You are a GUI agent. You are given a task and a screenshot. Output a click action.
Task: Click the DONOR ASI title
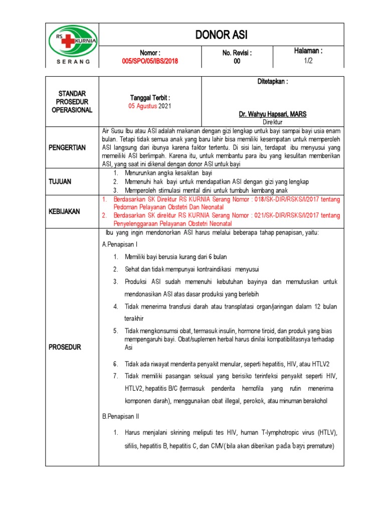[222, 35]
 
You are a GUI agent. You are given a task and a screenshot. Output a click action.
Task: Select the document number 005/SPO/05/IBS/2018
[150, 61]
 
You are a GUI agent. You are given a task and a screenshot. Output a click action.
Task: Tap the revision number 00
[237, 61]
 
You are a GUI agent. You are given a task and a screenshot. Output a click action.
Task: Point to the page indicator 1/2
[308, 60]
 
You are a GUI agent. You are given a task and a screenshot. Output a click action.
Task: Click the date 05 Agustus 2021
[150, 106]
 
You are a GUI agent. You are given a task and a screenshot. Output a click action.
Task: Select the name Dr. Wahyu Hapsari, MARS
[273, 115]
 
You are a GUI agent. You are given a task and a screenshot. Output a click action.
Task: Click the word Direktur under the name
[273, 122]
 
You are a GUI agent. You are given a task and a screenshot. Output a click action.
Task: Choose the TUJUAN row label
[72, 181]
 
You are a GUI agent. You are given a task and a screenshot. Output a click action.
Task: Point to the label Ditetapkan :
[273, 81]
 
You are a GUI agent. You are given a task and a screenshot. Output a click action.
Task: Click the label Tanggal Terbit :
[150, 98]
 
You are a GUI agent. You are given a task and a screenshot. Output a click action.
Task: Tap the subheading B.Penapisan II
[121, 416]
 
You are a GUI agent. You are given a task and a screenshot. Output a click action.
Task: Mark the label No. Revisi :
[237, 53]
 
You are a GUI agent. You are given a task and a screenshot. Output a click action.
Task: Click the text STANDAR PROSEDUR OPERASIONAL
[72, 102]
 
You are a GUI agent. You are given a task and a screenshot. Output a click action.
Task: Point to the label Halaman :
[308, 51]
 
